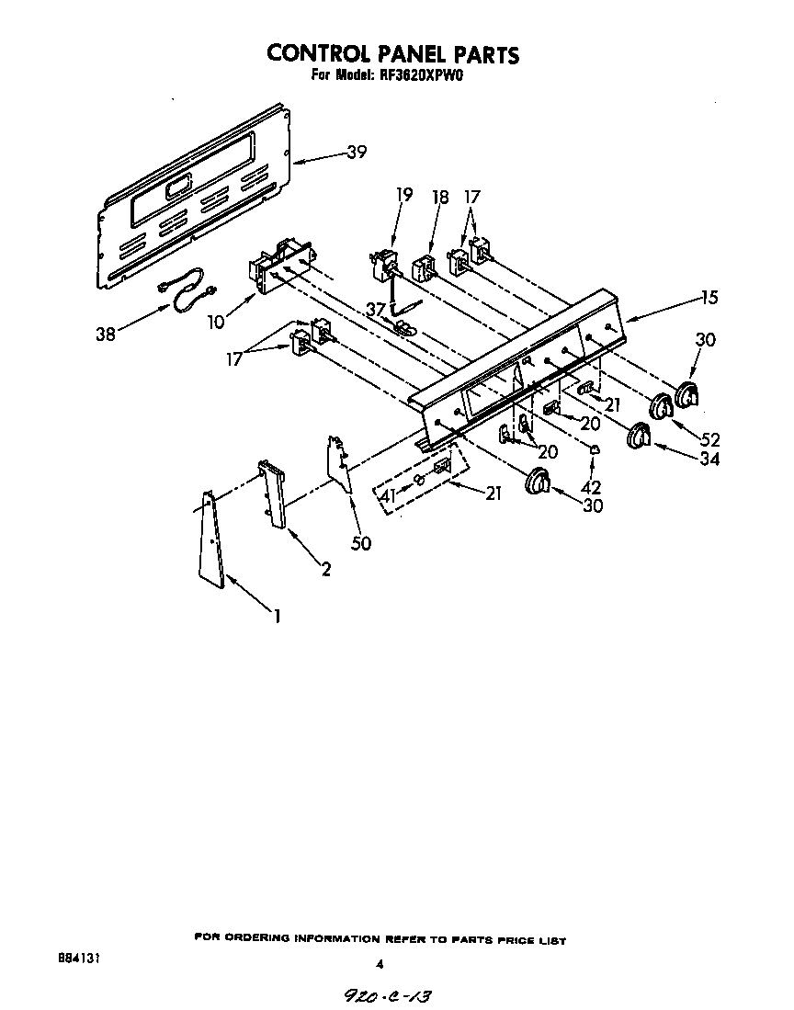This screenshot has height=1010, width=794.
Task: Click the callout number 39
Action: (356, 153)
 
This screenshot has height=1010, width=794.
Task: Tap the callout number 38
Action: (107, 335)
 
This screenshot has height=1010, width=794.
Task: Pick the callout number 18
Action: (440, 196)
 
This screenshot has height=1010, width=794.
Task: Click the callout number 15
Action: (709, 298)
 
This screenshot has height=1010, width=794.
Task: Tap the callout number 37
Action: (374, 309)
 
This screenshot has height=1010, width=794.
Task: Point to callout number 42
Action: (594, 487)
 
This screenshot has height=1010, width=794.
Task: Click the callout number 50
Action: (361, 543)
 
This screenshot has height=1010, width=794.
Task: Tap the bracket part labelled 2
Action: (273, 496)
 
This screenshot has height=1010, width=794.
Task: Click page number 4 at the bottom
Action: (379, 964)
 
